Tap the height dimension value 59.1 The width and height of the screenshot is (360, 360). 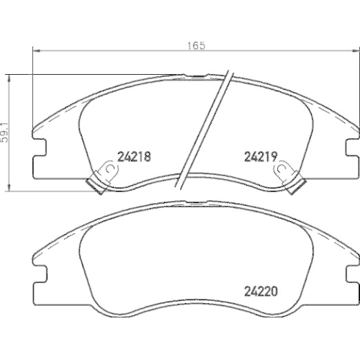[5, 130]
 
